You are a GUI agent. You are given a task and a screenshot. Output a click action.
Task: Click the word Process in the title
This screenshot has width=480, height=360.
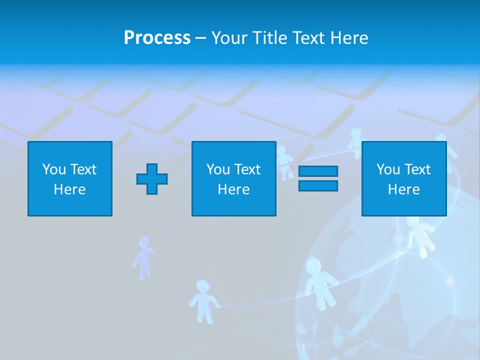[x=157, y=38]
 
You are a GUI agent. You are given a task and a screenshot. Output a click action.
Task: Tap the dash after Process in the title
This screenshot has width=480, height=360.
[x=201, y=38]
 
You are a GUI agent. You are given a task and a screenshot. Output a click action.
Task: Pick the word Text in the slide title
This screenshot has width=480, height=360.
[x=306, y=38]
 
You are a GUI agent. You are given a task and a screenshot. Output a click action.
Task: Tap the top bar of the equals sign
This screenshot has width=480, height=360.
[x=318, y=171]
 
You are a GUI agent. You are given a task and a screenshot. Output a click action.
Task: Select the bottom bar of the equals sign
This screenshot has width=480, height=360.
[x=318, y=185]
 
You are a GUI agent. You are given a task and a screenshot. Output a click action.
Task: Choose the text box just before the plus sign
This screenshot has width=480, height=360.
[x=70, y=178]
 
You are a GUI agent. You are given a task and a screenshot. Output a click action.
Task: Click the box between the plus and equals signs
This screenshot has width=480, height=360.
[x=233, y=178]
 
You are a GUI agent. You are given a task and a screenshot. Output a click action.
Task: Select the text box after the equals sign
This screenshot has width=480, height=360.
[x=403, y=178]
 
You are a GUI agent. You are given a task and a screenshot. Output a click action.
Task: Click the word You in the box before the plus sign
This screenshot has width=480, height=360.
[x=54, y=169]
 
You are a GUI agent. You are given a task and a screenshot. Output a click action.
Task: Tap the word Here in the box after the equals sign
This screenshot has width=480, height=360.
[x=403, y=189]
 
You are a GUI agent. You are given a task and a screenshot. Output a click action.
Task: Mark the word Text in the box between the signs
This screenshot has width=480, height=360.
[x=248, y=169]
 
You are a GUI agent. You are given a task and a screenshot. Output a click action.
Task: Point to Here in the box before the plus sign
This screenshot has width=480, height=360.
[x=70, y=189]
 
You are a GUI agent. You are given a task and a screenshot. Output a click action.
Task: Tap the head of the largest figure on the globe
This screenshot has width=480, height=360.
[x=313, y=265]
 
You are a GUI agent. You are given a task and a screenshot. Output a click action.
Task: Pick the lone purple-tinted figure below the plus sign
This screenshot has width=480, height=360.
[x=144, y=257]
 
